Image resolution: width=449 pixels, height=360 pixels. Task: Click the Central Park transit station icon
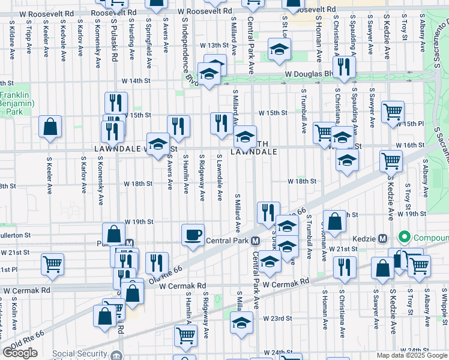[256, 241]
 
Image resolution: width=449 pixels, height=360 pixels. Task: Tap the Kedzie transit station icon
[382, 238]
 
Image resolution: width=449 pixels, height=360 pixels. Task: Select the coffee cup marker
[193, 235]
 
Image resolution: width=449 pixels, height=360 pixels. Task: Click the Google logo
[20, 353]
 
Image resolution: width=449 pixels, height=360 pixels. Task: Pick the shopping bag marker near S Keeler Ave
[50, 127]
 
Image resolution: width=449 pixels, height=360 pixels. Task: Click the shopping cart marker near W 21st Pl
[53, 264]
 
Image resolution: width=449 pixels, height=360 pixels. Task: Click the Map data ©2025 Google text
[411, 355]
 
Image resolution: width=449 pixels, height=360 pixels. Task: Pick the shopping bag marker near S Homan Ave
[335, 221]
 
